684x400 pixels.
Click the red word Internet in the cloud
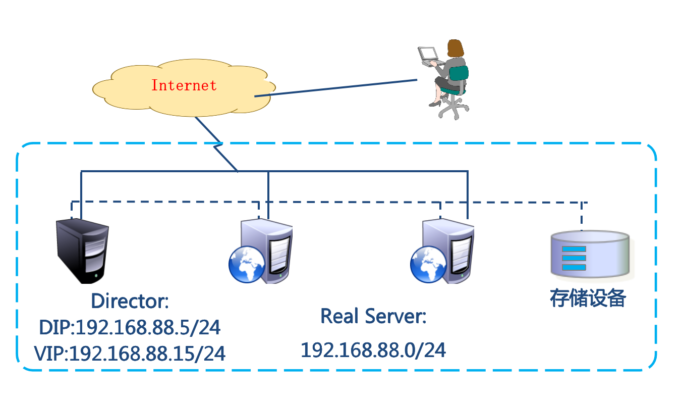click(x=184, y=85)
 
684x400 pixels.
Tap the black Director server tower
click(x=82, y=251)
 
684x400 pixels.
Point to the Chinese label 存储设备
click(x=588, y=298)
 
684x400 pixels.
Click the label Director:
click(x=130, y=302)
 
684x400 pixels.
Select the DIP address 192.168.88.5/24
click(x=130, y=328)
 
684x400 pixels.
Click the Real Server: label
click(x=373, y=317)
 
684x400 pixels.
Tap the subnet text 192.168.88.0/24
click(x=373, y=350)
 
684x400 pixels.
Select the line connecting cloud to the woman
click(x=335, y=88)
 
